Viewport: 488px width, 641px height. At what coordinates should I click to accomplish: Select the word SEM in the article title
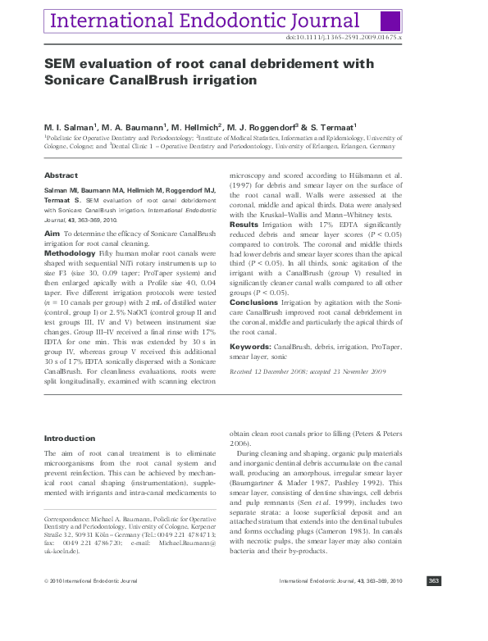click(59, 64)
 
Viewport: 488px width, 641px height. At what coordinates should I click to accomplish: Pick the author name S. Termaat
click(331, 128)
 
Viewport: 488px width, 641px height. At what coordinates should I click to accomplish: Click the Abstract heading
click(61, 175)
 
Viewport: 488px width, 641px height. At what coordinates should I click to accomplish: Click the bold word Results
click(243, 224)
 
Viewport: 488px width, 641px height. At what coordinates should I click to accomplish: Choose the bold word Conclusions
click(253, 302)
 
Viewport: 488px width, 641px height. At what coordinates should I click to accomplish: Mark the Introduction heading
click(70, 439)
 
